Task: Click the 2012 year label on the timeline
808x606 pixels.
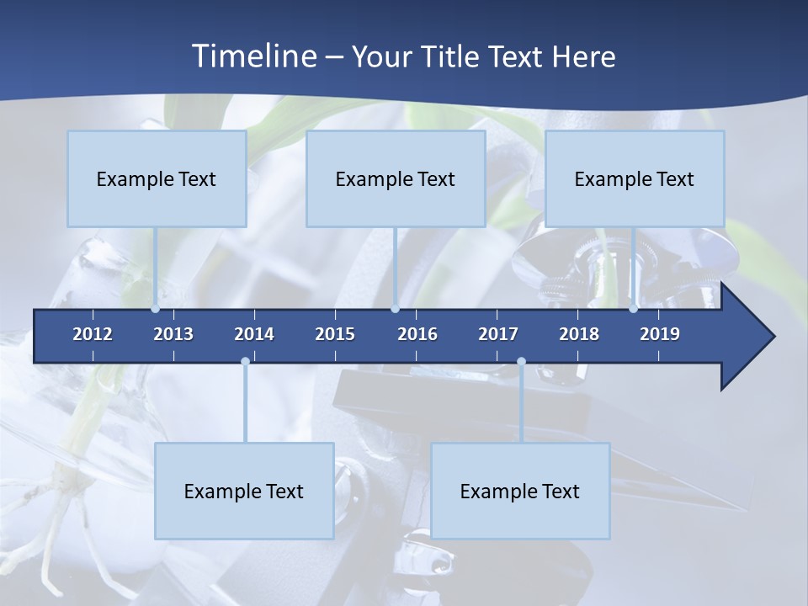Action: (x=93, y=334)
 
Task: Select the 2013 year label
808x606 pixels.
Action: (x=173, y=334)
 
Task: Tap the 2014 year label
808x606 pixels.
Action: (x=254, y=334)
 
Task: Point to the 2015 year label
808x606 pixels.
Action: (x=335, y=334)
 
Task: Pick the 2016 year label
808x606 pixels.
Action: (x=417, y=334)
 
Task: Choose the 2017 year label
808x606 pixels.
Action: (x=498, y=334)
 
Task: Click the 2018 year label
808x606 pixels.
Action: (x=579, y=334)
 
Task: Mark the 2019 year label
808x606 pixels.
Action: (x=660, y=334)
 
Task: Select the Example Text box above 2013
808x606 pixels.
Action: (x=157, y=178)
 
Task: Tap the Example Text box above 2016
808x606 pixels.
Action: (x=396, y=178)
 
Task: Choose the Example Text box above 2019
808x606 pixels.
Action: (x=635, y=178)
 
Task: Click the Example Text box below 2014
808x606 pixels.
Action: (x=244, y=491)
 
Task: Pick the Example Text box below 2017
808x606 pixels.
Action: (x=520, y=491)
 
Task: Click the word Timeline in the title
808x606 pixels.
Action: (x=254, y=56)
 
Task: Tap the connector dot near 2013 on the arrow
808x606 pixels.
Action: (x=156, y=309)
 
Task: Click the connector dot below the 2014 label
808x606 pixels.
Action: (x=245, y=362)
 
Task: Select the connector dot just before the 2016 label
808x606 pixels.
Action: (x=396, y=309)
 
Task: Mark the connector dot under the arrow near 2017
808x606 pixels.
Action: (x=521, y=362)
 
